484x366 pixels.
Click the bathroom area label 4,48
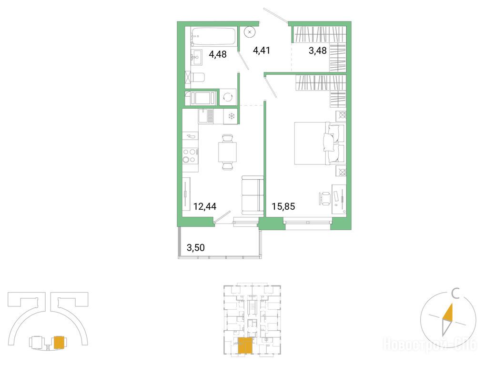[218, 54]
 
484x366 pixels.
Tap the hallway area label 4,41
[262, 50]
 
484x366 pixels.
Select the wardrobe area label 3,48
[318, 51]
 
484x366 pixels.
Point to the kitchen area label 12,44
[205, 206]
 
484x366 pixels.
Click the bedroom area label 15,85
[283, 206]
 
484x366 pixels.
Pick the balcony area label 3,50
[196, 247]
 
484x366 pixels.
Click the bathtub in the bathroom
[213, 36]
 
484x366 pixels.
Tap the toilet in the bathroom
[197, 77]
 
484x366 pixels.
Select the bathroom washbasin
[196, 58]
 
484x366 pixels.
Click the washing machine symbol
[228, 97]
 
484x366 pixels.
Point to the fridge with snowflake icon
[231, 116]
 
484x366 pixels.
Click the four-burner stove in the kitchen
[190, 155]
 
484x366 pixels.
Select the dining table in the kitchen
[228, 152]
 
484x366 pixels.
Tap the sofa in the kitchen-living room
[252, 195]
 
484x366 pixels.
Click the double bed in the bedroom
[319, 143]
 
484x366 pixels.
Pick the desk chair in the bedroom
[325, 198]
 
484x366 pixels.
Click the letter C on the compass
[455, 294]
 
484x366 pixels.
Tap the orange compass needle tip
[452, 304]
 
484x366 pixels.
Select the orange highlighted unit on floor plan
[245, 346]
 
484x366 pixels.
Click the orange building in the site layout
[59, 343]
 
